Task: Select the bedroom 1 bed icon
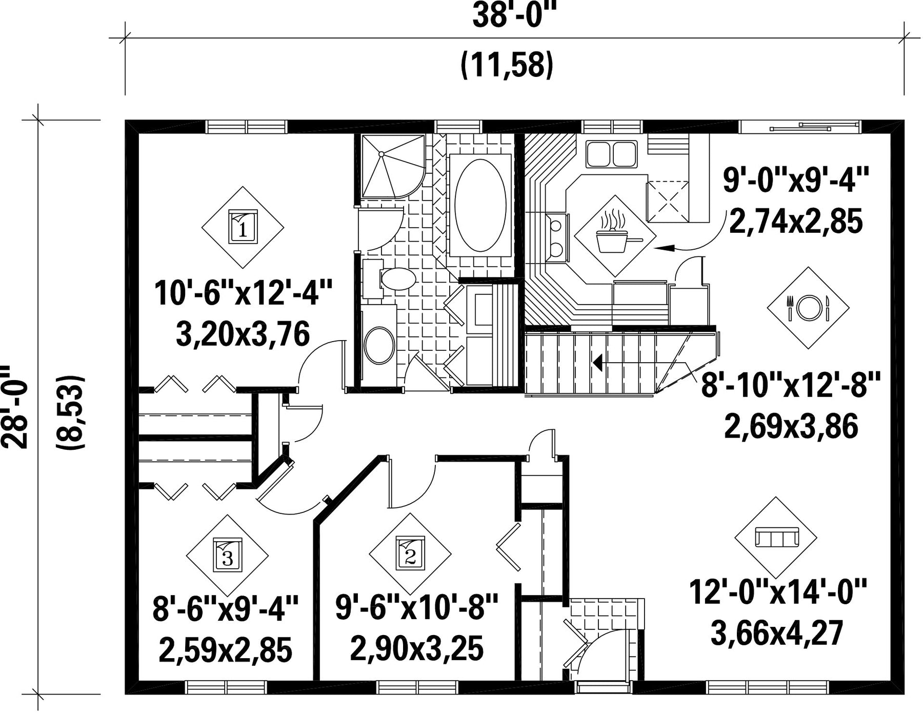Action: tap(243, 227)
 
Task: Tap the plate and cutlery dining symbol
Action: tap(808, 308)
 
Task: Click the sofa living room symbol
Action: tap(776, 538)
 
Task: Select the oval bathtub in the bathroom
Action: tap(480, 205)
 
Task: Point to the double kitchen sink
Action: tap(612, 154)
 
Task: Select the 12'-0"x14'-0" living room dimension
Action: tap(777, 593)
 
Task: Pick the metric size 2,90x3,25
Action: tap(417, 648)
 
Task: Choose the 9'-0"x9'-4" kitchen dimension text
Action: tap(796, 181)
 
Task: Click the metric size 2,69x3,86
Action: tap(791, 427)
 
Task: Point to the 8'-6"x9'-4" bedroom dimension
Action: tap(226, 609)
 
